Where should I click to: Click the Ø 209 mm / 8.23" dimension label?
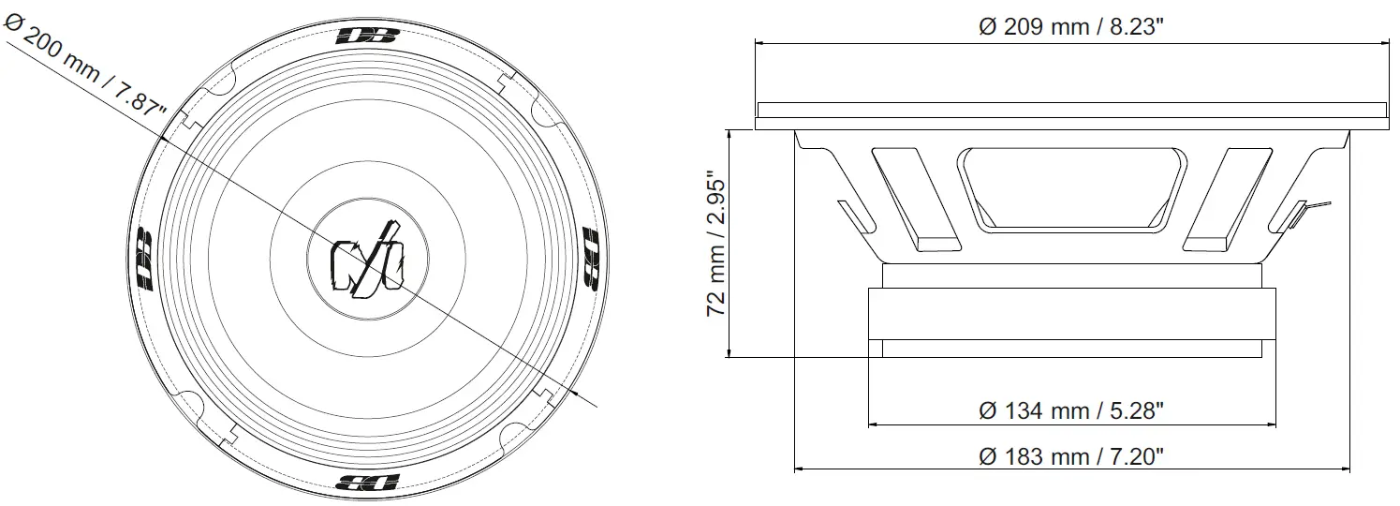tap(1070, 27)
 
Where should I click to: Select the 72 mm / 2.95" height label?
tap(717, 244)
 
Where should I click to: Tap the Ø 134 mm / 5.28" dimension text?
tap(1070, 410)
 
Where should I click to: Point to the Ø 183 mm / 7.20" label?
tap(1070, 457)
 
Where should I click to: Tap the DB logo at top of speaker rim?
tap(367, 37)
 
